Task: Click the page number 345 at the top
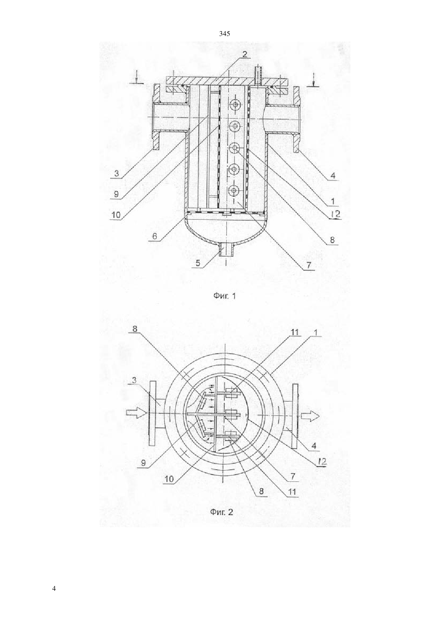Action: point(224,34)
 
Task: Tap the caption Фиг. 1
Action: point(224,296)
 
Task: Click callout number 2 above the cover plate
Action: point(244,54)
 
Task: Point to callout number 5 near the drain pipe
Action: point(198,263)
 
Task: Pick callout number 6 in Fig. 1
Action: point(155,236)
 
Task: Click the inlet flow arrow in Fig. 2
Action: point(136,413)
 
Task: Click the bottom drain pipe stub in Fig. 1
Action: point(226,249)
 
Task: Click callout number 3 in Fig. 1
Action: point(117,173)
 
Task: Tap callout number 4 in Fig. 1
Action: point(333,175)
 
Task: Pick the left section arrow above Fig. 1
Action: point(136,78)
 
